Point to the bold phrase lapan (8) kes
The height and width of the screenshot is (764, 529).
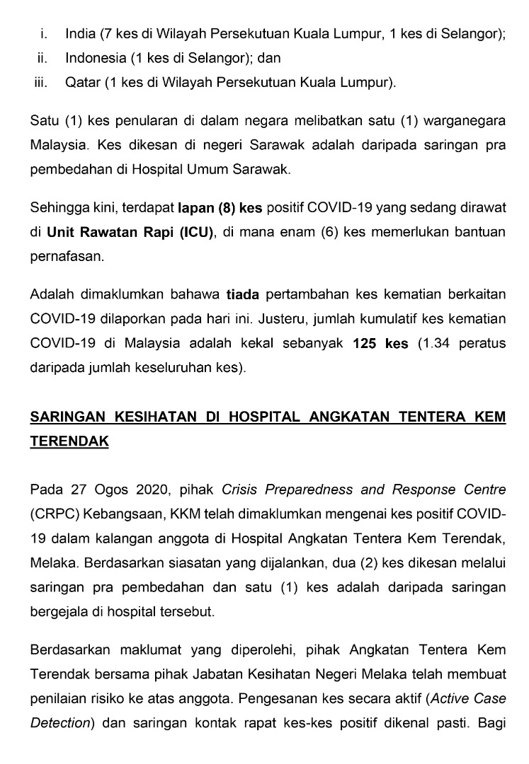220,208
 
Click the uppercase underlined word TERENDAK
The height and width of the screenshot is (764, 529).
69,441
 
